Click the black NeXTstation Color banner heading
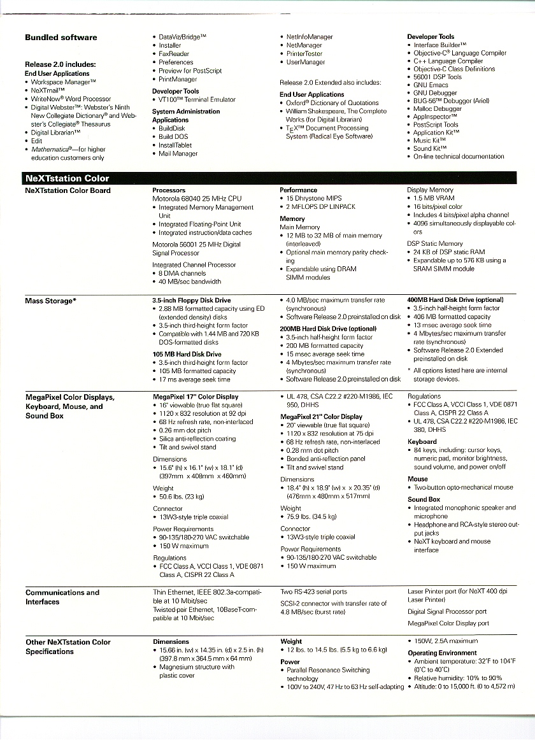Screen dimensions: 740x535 [x=67, y=178]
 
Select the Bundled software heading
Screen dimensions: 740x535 [x=61, y=38]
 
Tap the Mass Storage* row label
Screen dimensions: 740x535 [x=51, y=301]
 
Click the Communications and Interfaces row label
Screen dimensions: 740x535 [x=62, y=597]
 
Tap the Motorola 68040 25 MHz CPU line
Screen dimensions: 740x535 [x=197, y=199]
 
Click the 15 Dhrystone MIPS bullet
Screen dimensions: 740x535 [x=314, y=199]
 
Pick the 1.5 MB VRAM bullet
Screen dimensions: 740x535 [x=433, y=199]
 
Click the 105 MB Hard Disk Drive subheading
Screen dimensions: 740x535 [x=187, y=354]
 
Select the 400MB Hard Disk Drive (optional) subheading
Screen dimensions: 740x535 [x=455, y=300]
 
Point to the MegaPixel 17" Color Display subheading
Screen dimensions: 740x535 [x=196, y=397]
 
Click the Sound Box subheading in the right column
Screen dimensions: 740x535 [x=424, y=499]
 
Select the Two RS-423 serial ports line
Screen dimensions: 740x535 [x=314, y=592]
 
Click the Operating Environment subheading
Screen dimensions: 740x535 [x=442, y=653]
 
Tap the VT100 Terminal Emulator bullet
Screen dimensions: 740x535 [x=197, y=100]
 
